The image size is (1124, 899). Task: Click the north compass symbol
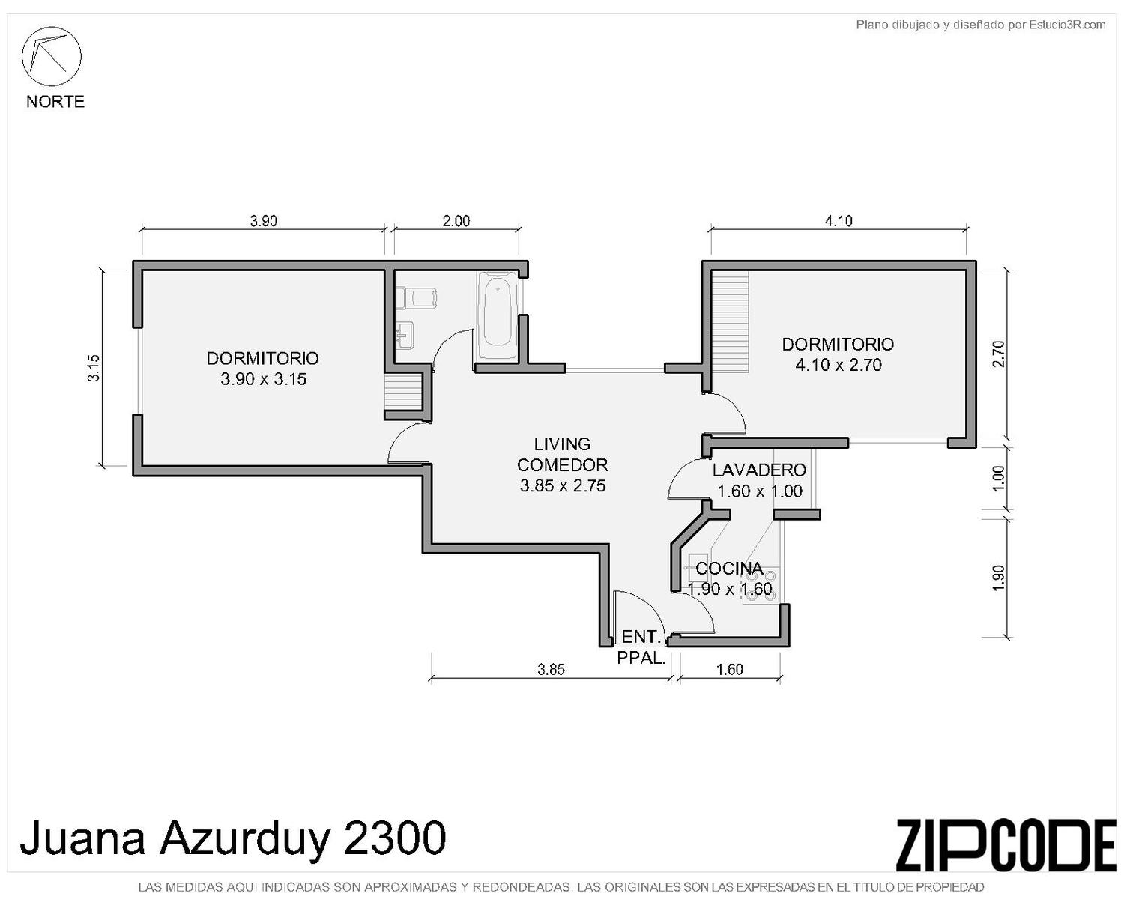51,56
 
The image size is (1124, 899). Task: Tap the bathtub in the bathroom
497,315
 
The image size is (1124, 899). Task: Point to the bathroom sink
405,334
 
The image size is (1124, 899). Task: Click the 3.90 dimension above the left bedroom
264,221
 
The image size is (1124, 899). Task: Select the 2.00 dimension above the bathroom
456,221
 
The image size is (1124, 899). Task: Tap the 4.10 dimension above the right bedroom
839,221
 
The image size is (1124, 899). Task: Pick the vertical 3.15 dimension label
94,368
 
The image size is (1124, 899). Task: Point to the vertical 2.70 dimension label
998,354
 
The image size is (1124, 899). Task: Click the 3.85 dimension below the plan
551,669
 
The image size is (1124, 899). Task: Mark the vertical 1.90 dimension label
998,578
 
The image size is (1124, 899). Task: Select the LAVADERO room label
759,470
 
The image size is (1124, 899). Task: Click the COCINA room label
729,568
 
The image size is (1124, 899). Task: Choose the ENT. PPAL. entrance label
641,647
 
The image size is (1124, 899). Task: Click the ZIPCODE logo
1006,845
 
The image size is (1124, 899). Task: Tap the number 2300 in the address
395,838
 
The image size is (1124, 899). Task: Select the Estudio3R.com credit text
1067,25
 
